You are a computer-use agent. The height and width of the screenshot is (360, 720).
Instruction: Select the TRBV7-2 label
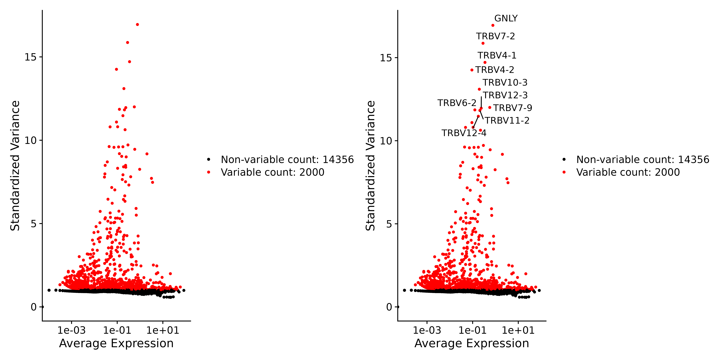tap(495, 36)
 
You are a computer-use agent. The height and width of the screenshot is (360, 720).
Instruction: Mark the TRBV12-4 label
tap(464, 133)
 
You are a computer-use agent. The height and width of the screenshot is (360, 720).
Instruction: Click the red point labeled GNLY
tap(493, 25)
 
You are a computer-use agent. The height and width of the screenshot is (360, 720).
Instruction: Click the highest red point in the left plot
tap(137, 25)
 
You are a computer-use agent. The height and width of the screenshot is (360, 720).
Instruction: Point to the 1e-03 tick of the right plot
tap(427, 330)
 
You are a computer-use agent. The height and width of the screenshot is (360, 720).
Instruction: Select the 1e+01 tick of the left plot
tap(163, 330)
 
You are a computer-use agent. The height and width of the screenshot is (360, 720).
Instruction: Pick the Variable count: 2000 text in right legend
tap(628, 172)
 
